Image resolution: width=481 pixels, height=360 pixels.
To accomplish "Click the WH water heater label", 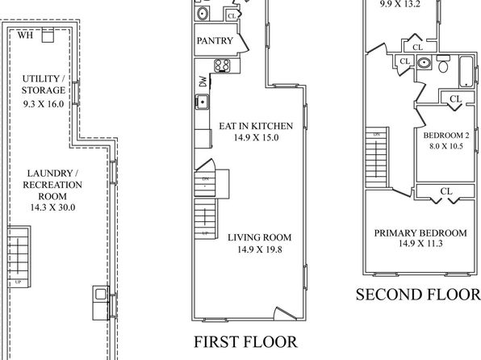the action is pos(25,36).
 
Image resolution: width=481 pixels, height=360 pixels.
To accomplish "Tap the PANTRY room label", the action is pos(215,41).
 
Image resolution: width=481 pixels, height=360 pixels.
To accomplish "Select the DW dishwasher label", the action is pos(203,82).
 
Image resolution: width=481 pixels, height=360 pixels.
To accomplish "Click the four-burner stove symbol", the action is pos(223,65).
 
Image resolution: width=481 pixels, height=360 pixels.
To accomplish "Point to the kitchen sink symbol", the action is pos(202,102).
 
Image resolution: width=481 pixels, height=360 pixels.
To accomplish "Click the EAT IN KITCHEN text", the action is pos(256,126).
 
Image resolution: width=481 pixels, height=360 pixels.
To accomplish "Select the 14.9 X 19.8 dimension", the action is pos(260,249).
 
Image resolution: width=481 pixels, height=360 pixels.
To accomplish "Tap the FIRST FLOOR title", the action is pos(245,342).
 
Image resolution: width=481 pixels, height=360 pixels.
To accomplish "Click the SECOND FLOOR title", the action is pos(418,295).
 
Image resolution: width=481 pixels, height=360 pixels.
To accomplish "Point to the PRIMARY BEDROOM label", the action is pos(420,233).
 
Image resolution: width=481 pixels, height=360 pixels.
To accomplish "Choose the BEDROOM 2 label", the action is pos(446,136).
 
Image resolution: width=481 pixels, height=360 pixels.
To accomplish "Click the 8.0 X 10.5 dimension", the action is pos(446,146).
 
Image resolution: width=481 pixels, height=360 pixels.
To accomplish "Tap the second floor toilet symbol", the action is pos(443,64).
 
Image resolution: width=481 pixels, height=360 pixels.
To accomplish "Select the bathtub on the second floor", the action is pos(466,71).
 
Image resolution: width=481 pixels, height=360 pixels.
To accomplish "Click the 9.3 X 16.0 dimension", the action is pos(44,104).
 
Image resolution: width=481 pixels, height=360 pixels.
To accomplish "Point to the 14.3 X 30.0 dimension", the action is pos(52,207).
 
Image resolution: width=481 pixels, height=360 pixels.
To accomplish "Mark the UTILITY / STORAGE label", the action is pos(44,85).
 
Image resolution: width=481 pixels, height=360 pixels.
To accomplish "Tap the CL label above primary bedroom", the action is pos(446,191).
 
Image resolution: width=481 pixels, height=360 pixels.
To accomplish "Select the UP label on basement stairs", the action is pos(18,282).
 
